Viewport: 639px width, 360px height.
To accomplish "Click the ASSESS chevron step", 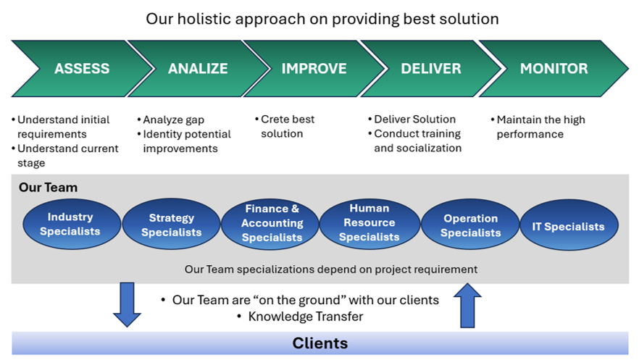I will [x=81, y=69].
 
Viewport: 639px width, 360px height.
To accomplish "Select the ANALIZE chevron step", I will [x=198, y=69].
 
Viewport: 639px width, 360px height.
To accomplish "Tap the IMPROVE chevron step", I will [x=314, y=69].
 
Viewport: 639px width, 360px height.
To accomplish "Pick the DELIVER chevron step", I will [x=431, y=69].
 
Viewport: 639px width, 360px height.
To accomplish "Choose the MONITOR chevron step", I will [x=554, y=69].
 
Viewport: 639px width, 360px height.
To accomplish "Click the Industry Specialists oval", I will [x=70, y=225].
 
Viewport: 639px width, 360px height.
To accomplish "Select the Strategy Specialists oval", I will [x=171, y=225].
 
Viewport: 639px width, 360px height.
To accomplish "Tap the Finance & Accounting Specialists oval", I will [x=272, y=223].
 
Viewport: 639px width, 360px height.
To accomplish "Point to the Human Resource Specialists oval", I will [x=369, y=223].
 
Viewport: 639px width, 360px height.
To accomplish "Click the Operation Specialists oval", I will [x=470, y=225].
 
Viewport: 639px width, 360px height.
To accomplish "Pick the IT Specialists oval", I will [x=568, y=227].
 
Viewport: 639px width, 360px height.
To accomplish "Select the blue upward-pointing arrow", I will [x=468, y=305].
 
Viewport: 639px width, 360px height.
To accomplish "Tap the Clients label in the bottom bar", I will [x=319, y=343].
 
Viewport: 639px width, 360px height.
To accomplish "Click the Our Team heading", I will [x=48, y=188].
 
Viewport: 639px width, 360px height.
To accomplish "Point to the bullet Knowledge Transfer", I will [x=305, y=317].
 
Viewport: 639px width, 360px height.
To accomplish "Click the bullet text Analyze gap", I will [x=173, y=120].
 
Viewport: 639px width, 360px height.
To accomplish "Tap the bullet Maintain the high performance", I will [x=540, y=127].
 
